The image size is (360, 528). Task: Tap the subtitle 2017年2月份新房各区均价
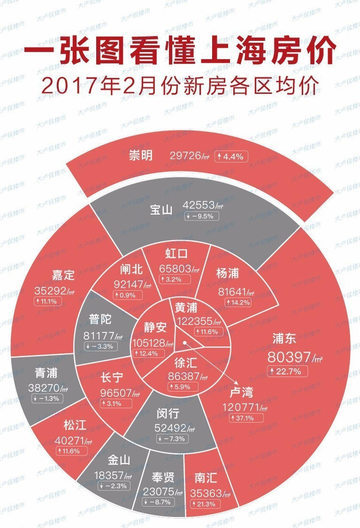pyautogui.click(x=180, y=86)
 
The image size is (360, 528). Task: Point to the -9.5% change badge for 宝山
pyautogui.click(x=199, y=216)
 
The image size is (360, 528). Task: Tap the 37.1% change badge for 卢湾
pyautogui.click(x=242, y=417)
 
